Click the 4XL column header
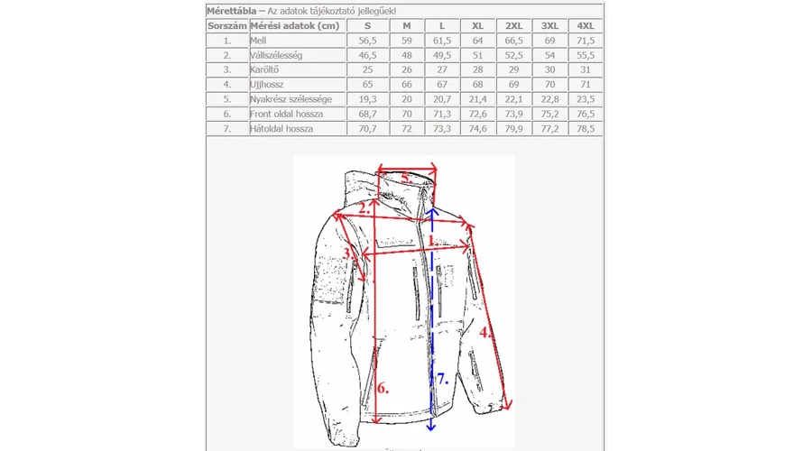(x=586, y=26)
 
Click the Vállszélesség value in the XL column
(x=477, y=55)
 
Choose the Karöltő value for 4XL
(x=586, y=69)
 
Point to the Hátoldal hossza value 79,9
(x=513, y=129)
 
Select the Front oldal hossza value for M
(x=406, y=115)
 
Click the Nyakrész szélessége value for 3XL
(x=549, y=99)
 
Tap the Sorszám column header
(x=226, y=26)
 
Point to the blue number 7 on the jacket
(x=441, y=380)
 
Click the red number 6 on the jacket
(x=383, y=389)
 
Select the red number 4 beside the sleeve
(x=485, y=332)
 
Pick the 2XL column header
(x=513, y=26)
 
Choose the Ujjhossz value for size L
(x=441, y=84)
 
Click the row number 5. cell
(x=226, y=99)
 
